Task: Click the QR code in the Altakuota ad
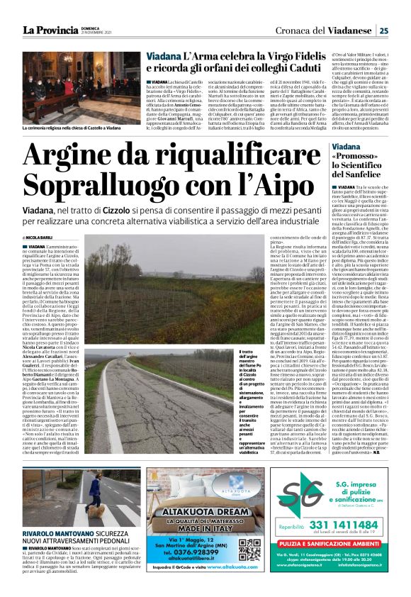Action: (x=247, y=552)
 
